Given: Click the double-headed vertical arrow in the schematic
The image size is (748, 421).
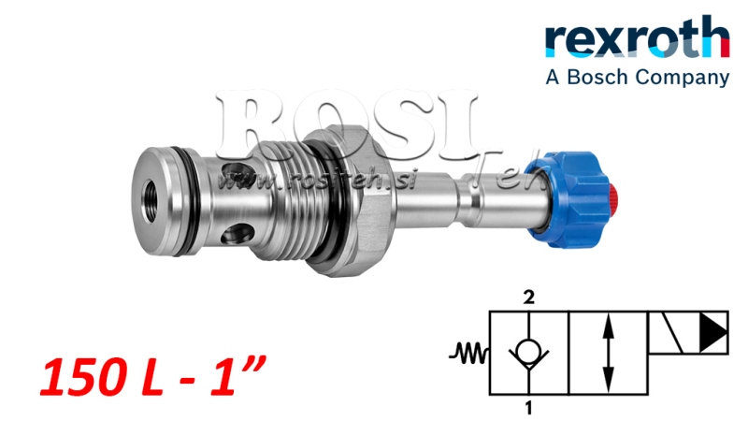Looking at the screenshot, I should point(609,353).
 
